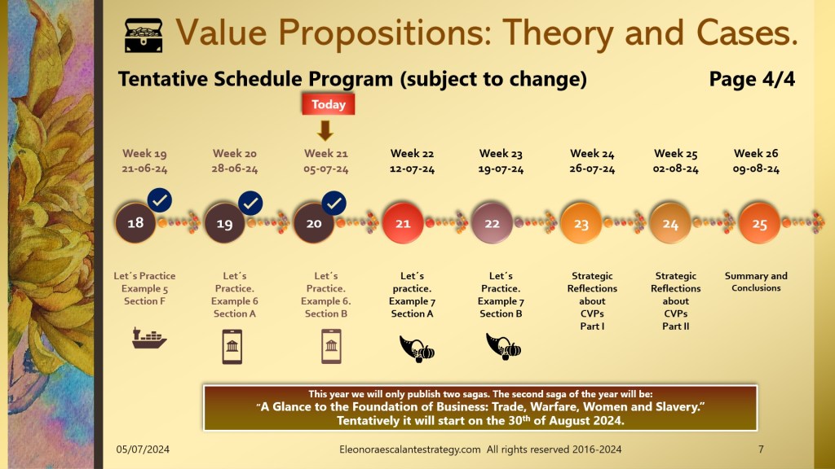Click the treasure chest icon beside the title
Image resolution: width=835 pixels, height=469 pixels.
coord(144,35)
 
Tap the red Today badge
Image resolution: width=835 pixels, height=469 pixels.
coord(328,104)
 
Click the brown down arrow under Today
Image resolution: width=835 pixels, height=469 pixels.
coord(325,130)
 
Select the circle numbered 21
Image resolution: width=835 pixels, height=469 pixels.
coord(403,223)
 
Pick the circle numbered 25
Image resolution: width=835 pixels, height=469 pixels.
coord(759,223)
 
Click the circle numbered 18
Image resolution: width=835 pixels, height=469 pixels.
coord(135,223)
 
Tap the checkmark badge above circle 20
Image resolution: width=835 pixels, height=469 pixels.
coord(334,203)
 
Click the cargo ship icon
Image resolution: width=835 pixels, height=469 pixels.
coord(149,338)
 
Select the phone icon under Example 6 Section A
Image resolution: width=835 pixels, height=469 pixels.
coord(232,347)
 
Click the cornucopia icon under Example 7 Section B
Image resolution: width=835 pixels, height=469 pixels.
coord(503,346)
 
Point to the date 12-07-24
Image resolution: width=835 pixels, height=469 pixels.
coord(412,169)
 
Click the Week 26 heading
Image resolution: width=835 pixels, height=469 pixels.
coord(756,153)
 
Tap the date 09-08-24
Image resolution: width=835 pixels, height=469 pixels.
coord(756,169)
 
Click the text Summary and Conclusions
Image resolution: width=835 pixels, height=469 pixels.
coord(756,282)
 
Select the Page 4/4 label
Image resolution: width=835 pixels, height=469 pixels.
coord(752,79)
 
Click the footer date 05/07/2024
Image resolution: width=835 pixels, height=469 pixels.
coord(143,449)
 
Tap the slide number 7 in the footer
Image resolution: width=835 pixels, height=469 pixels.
coord(761,449)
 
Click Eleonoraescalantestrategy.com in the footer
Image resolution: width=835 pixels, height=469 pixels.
coord(410,449)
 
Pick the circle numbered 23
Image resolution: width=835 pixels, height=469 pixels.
coord(581,223)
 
